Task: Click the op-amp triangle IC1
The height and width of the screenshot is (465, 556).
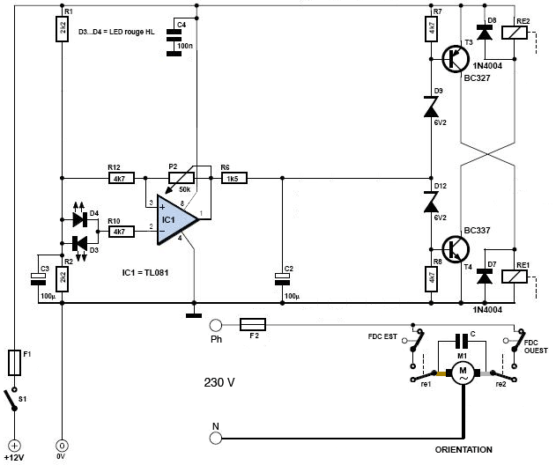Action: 176,219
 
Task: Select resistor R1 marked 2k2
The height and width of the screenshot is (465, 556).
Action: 62,29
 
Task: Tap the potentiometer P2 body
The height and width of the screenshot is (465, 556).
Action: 182,178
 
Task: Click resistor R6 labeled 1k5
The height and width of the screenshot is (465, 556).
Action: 234,178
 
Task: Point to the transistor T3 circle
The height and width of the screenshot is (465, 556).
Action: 456,59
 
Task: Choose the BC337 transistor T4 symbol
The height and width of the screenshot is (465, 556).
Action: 456,249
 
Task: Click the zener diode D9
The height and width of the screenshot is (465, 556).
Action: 431,107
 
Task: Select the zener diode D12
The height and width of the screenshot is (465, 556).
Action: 431,202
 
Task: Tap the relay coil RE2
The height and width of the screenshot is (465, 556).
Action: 515,33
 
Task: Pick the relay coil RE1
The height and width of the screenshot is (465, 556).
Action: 515,277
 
